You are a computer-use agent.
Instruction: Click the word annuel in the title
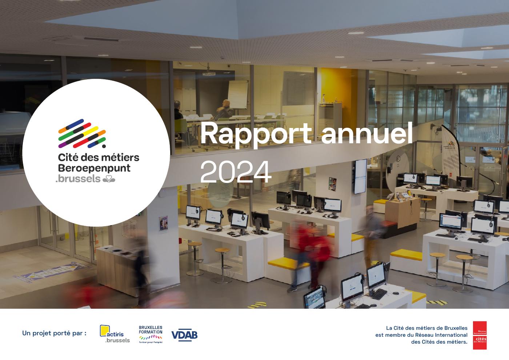pyautogui.click(x=367, y=134)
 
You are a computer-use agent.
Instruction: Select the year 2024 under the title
pyautogui.click(x=236, y=172)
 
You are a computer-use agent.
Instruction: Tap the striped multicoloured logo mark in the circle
pyautogui.click(x=82, y=133)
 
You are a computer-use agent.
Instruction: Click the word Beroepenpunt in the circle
pyautogui.click(x=94, y=168)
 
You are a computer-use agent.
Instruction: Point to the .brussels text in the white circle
pyautogui.click(x=78, y=179)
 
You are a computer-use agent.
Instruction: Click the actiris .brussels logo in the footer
pyautogui.click(x=115, y=334)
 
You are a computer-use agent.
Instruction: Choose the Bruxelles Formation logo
pyautogui.click(x=151, y=334)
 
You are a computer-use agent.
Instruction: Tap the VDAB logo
pyautogui.click(x=184, y=335)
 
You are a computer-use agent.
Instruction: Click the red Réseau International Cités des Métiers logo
pyautogui.click(x=480, y=335)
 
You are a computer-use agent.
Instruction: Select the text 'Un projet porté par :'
pyautogui.click(x=55, y=333)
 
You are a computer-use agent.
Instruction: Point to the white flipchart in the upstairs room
pyautogui.click(x=238, y=94)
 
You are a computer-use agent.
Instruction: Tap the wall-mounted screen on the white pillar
pyautogui.click(x=360, y=176)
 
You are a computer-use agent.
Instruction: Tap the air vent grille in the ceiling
pyautogui.click(x=98, y=40)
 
